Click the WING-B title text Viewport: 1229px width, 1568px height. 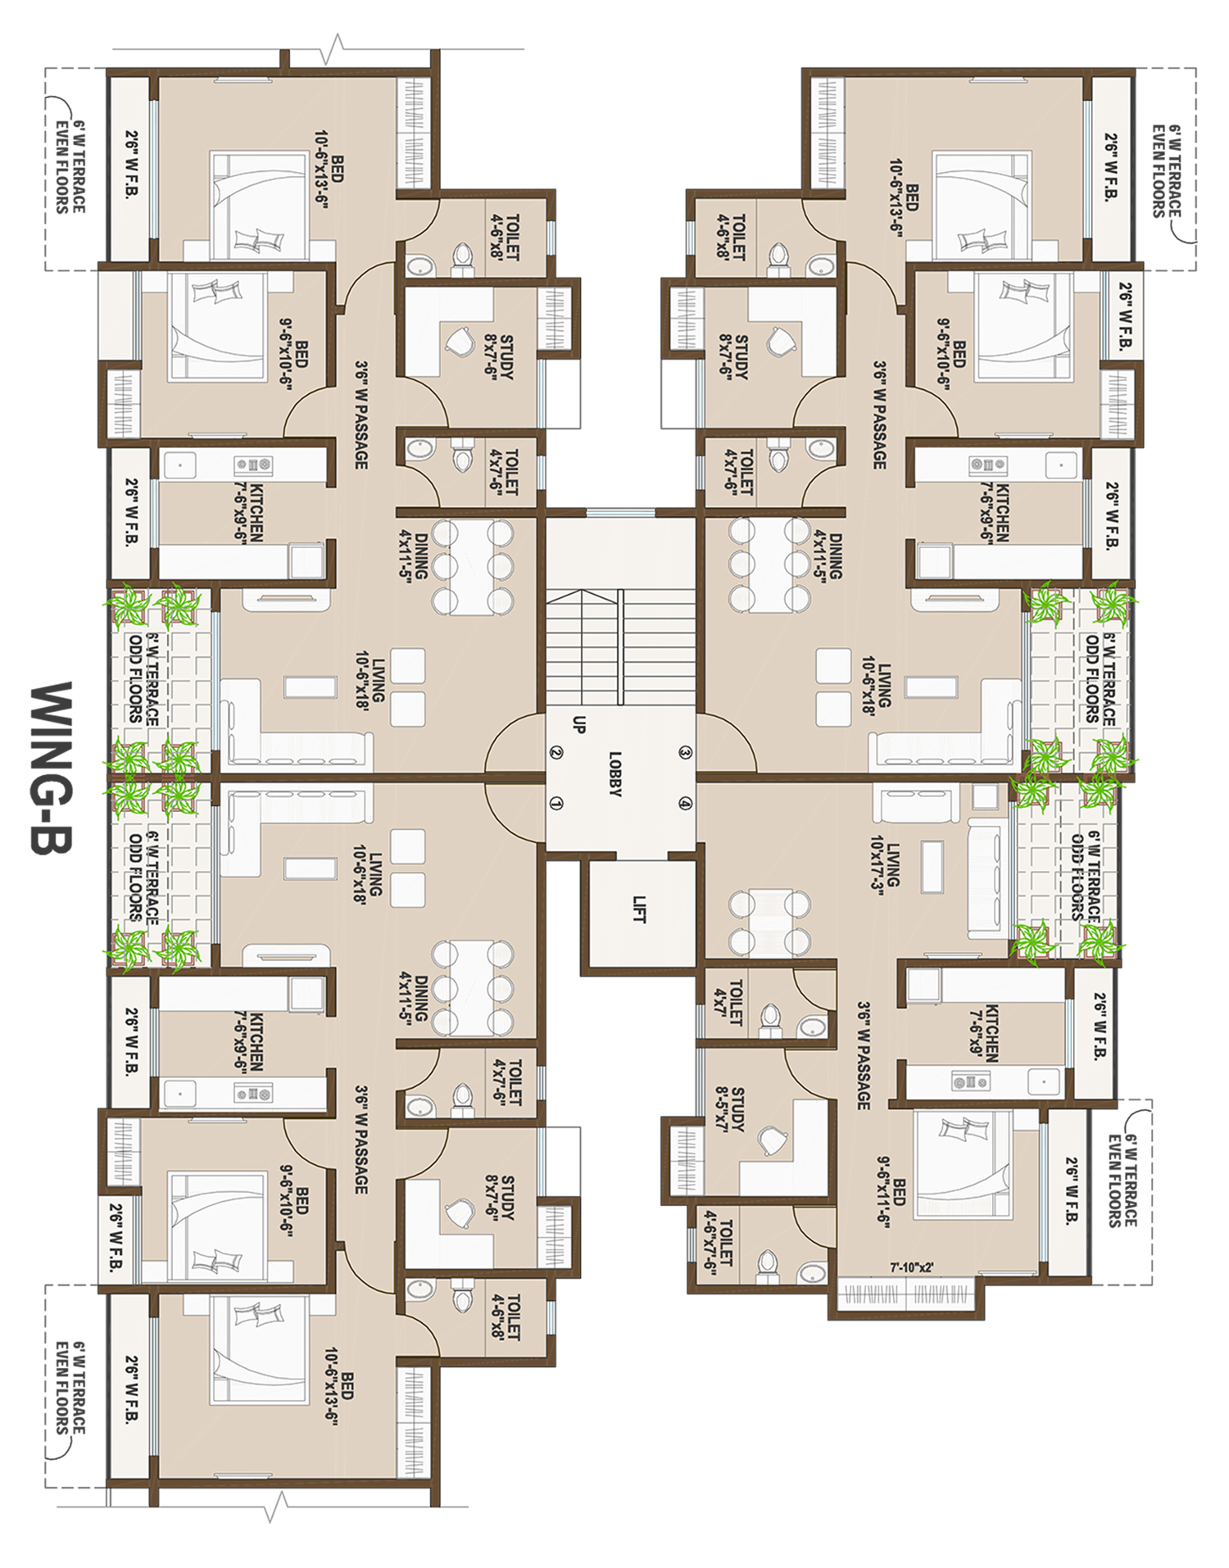[x=51, y=768]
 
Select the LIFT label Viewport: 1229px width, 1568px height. [x=639, y=909]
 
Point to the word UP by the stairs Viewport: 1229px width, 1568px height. [x=579, y=724]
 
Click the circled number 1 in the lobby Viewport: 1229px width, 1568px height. [x=556, y=804]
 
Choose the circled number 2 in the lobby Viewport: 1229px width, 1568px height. [x=556, y=753]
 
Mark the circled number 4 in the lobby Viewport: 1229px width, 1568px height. [x=686, y=804]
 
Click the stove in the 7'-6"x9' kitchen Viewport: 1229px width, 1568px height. [x=970, y=1082]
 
